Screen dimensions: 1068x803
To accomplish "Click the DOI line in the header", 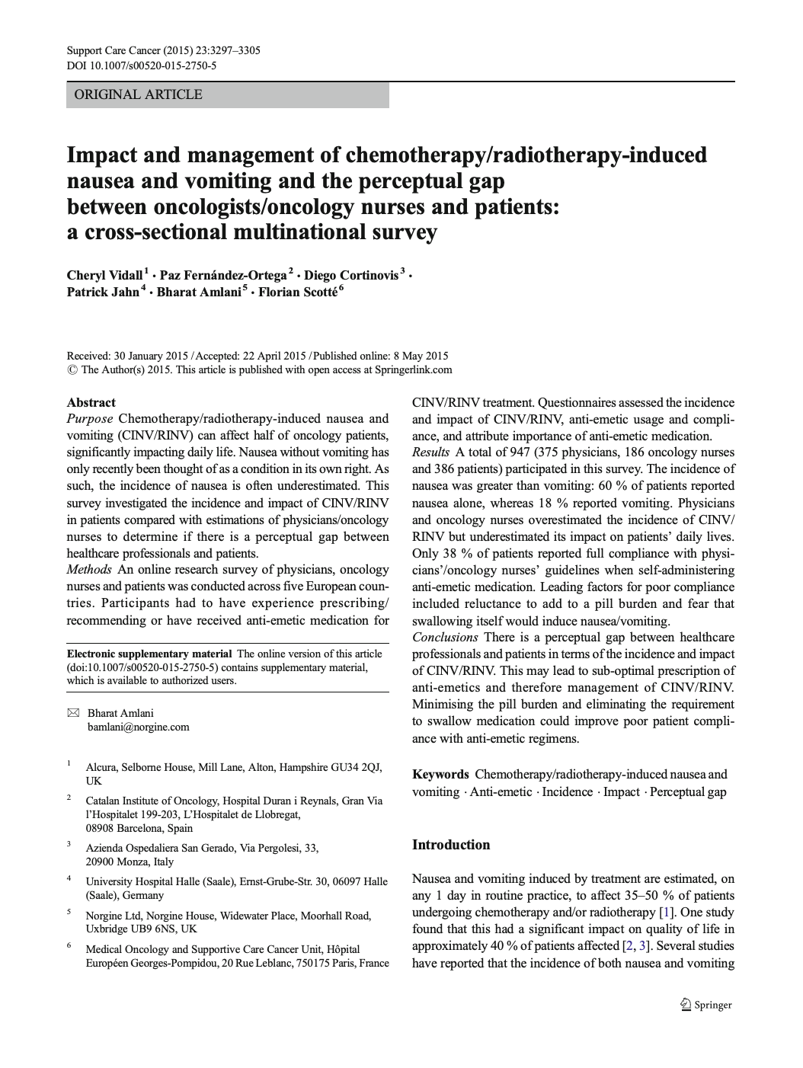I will pyautogui.click(x=142, y=66).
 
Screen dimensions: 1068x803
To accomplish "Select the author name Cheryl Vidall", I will pyautogui.click(x=104, y=275).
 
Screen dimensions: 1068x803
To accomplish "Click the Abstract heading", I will pyautogui.click(x=91, y=402).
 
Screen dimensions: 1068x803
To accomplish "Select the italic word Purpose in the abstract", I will pyautogui.click(x=90, y=418).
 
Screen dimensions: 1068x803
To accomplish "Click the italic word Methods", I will pyautogui.click(x=89, y=570).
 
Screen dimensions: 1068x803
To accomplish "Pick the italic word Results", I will pyautogui.click(x=431, y=452).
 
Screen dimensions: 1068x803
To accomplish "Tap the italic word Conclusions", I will pyautogui.click(x=445, y=637).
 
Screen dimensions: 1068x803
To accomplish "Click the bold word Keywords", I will pyautogui.click(x=440, y=775).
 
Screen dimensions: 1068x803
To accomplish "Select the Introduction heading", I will pyautogui.click(x=451, y=844).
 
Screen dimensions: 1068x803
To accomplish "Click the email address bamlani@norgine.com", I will pyautogui.click(x=139, y=727).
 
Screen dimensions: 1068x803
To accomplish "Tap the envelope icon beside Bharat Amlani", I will pyautogui.click(x=73, y=713).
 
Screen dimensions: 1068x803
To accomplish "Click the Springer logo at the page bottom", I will pyautogui.click(x=705, y=1005).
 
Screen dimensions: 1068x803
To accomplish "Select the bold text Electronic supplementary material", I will pyautogui.click(x=149, y=654).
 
